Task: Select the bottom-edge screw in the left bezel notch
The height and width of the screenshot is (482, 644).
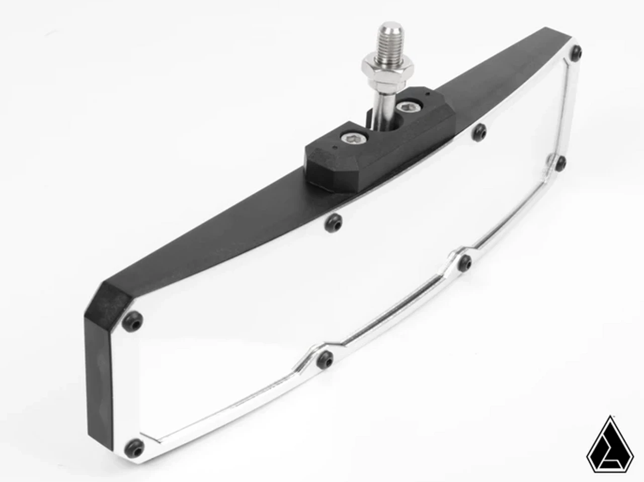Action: [324, 359]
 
